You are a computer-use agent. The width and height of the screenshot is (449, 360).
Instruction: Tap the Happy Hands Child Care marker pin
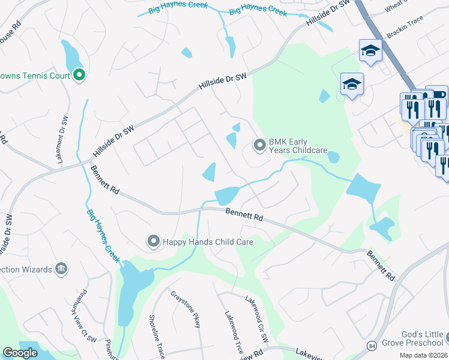point(154,242)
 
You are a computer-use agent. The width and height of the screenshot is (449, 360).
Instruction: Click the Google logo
point(20,353)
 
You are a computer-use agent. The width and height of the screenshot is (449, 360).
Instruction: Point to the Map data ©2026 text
point(425,355)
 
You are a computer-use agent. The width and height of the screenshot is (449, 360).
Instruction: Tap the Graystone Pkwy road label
point(185,308)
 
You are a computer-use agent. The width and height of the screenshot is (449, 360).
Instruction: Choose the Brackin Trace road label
point(405,27)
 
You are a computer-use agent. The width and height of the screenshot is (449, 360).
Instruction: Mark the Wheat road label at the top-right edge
point(397,6)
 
